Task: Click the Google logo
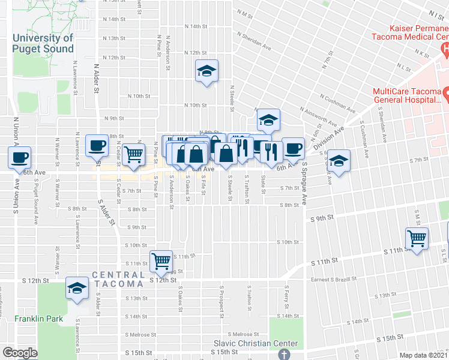(x=20, y=353)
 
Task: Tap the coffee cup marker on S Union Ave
(x=19, y=158)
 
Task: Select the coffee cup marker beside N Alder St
(x=97, y=145)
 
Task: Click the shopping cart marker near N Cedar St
(x=134, y=154)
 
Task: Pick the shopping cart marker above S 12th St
(x=161, y=260)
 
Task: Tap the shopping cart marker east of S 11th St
(x=416, y=238)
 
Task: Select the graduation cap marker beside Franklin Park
(x=77, y=288)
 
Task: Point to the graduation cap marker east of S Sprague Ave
(x=339, y=160)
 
